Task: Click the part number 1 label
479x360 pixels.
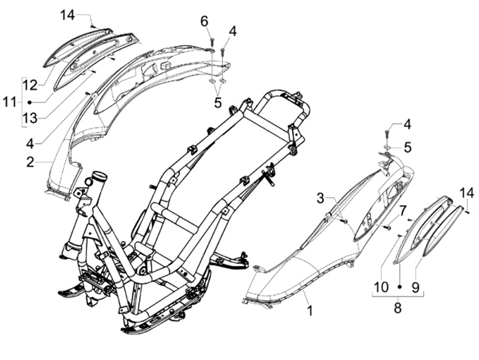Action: pos(308,309)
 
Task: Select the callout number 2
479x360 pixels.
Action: pos(30,161)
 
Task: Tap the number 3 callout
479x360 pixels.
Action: pos(320,198)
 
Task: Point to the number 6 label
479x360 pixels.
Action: pos(205,21)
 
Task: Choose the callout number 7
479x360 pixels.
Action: pos(402,210)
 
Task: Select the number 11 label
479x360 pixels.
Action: pos(8,102)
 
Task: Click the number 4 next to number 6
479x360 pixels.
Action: pos(232,31)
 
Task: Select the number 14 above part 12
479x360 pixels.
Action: pos(67,14)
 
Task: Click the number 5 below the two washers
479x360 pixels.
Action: pos(218,103)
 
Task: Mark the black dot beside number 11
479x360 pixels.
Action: pos(31,102)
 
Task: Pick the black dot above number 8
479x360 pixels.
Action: pos(399,285)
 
